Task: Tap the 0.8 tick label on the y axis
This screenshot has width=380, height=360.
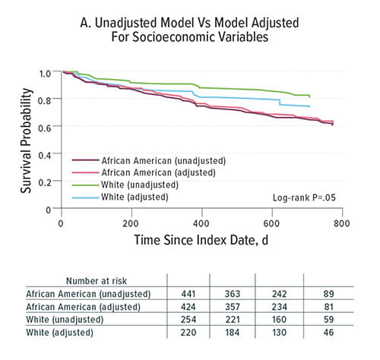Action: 45,99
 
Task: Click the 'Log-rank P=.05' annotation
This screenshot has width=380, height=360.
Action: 303,197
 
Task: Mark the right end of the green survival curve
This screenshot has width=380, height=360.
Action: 310,96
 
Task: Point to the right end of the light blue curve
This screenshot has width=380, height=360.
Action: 310,106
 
